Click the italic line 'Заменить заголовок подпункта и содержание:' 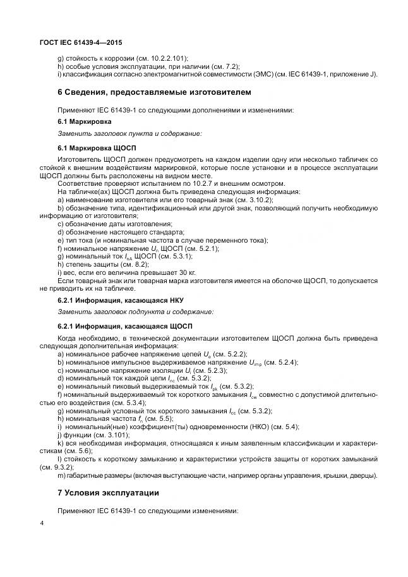[136, 312]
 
